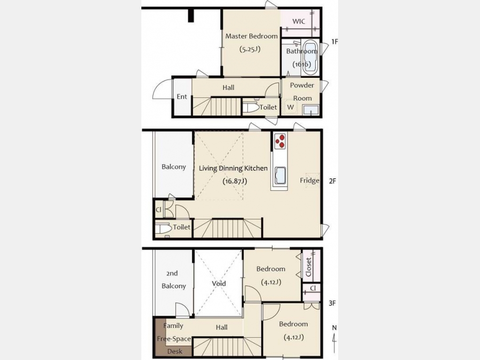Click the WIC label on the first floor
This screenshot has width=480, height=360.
click(x=299, y=21)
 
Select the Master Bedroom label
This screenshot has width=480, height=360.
click(x=251, y=36)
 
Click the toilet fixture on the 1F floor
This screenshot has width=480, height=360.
click(x=251, y=107)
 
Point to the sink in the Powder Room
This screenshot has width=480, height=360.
click(x=310, y=109)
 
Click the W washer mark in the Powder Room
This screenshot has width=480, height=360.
click(x=290, y=107)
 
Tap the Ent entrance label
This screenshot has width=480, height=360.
click(x=181, y=97)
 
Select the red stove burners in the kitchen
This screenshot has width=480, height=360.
click(x=280, y=141)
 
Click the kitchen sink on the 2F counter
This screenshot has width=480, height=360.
click(x=280, y=175)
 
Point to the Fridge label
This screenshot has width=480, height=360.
click(x=309, y=180)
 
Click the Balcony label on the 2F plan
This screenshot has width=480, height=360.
click(x=173, y=167)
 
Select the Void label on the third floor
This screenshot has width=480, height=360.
click(x=219, y=284)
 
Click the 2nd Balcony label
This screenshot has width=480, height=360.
click(x=173, y=279)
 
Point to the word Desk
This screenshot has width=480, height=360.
click(x=175, y=351)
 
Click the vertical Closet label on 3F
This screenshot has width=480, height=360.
click(x=309, y=267)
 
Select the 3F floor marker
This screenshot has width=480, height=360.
click(x=332, y=303)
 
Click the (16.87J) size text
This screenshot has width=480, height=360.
click(x=235, y=181)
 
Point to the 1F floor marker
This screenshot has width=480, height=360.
click(x=334, y=42)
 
